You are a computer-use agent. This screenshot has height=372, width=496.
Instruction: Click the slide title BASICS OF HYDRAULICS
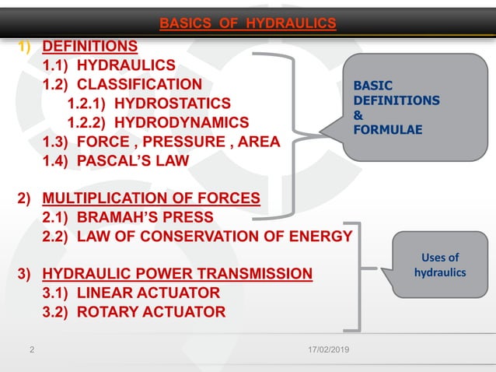[248, 24]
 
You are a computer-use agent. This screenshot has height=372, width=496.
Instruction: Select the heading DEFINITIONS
[89, 46]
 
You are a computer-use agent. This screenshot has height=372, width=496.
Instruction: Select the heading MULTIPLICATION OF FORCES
[151, 198]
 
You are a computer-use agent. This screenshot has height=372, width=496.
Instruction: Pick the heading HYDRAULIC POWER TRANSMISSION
[177, 273]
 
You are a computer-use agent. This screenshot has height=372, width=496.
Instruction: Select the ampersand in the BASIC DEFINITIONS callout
[358, 115]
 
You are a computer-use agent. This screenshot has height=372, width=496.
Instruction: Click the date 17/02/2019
[327, 352]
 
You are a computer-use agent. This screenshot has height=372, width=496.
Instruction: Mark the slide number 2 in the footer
[31, 352]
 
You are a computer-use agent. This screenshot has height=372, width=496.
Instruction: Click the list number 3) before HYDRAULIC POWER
[25, 274]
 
